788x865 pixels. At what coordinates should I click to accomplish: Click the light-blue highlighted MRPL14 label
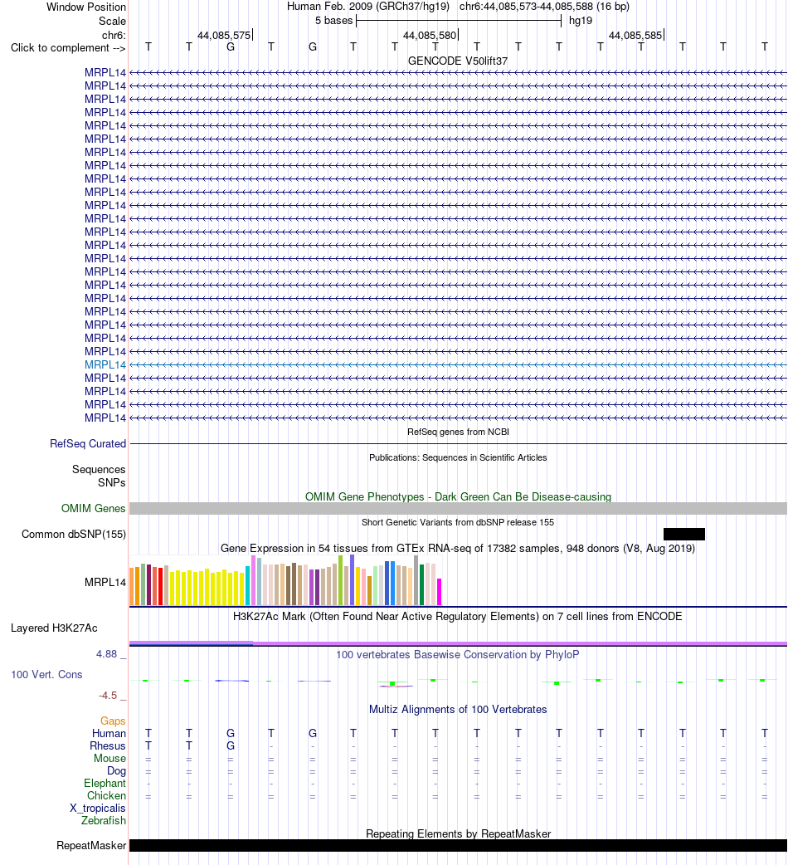point(105,364)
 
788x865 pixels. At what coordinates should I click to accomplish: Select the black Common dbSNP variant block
point(683,534)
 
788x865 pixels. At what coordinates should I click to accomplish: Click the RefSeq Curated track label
point(88,443)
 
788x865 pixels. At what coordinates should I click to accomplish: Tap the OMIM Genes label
point(93,508)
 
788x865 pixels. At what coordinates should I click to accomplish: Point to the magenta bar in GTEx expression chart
point(439,592)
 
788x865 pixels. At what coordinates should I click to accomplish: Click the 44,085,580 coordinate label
point(430,36)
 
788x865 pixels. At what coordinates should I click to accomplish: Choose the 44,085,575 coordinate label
point(224,36)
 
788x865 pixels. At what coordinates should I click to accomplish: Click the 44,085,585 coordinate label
point(635,36)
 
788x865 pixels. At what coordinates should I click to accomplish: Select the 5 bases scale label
point(334,21)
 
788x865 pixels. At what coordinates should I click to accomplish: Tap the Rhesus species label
point(108,745)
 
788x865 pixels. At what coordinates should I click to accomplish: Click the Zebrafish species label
point(104,820)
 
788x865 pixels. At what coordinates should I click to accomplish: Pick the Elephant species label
point(105,784)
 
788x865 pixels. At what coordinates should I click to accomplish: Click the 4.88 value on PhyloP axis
point(106,653)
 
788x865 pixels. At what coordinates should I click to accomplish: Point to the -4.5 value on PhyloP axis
point(108,695)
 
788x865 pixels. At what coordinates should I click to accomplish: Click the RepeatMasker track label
point(91,845)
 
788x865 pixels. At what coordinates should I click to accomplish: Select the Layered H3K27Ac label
point(54,628)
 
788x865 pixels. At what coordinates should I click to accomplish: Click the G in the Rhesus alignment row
point(231,745)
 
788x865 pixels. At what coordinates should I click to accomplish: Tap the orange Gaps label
point(113,721)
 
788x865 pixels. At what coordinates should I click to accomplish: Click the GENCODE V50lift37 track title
point(457,61)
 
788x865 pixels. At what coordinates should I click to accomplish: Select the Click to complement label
point(68,48)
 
